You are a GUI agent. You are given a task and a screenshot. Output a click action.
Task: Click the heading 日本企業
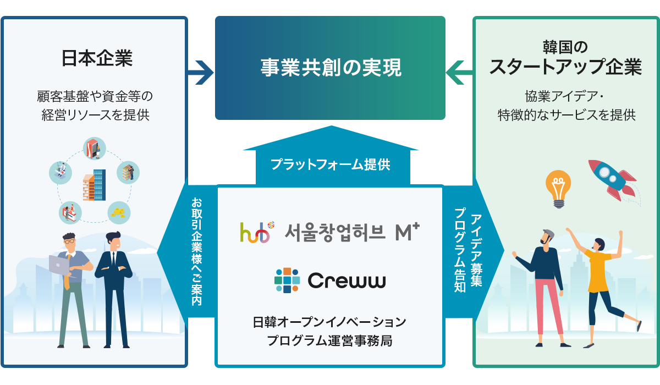pos(97,58)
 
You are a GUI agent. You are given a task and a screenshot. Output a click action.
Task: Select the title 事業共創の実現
pos(331,68)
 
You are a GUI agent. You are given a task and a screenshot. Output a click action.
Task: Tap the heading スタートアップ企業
pos(565,67)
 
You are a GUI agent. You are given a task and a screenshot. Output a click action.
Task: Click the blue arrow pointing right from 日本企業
pos(200,73)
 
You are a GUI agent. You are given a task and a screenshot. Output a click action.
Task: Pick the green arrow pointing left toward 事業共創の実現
pos(459,73)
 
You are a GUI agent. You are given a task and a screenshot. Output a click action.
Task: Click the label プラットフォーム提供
pos(331,164)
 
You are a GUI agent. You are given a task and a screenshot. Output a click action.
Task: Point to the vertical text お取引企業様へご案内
pos(196,251)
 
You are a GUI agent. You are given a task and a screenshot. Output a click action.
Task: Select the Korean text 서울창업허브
pos(335,233)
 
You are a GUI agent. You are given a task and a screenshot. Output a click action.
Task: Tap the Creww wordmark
pos(346,280)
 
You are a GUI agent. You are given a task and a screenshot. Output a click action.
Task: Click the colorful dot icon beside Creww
pos(287,280)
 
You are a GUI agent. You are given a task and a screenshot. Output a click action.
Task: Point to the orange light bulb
pos(558,189)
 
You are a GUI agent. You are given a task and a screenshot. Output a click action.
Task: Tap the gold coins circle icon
pos(119,213)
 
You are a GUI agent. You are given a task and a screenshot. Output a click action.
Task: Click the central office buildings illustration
pos(94,185)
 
